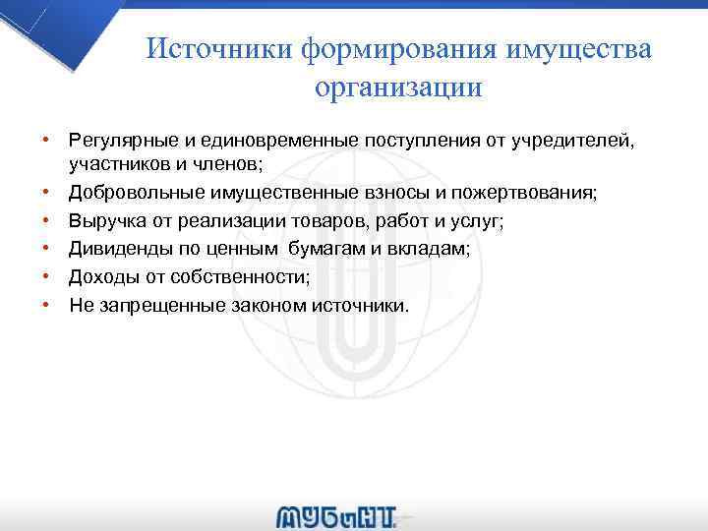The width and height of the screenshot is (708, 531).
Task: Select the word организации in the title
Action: coord(398,87)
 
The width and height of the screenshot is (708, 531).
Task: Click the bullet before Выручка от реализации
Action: coord(46,222)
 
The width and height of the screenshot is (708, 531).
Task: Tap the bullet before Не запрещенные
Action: coord(46,306)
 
